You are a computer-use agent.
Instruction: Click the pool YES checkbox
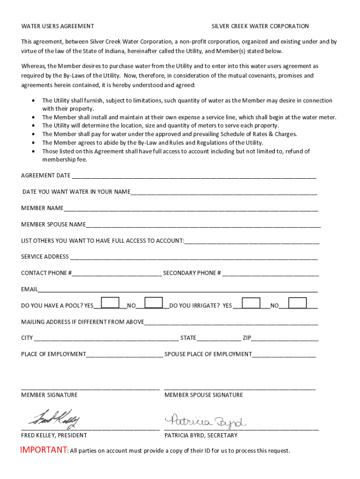coord(110,303)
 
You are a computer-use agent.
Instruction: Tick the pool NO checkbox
coord(154,303)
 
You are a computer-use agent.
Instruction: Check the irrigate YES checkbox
coord(251,303)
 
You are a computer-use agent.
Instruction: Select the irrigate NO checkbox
coord(297,303)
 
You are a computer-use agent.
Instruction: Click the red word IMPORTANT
coord(43,450)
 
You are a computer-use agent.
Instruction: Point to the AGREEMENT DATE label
coord(46,175)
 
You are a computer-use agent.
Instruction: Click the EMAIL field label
coord(29,289)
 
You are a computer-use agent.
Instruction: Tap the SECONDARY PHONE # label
coord(192,273)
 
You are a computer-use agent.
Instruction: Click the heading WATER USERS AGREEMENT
coord(58,26)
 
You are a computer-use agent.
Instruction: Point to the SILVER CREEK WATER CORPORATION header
coord(260,26)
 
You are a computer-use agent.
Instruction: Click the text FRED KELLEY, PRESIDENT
coord(54,435)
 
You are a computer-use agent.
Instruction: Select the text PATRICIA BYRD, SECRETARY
coord(201,435)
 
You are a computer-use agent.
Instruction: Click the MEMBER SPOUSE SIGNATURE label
coord(204,395)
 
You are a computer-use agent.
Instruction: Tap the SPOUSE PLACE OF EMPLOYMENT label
coord(208,354)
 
